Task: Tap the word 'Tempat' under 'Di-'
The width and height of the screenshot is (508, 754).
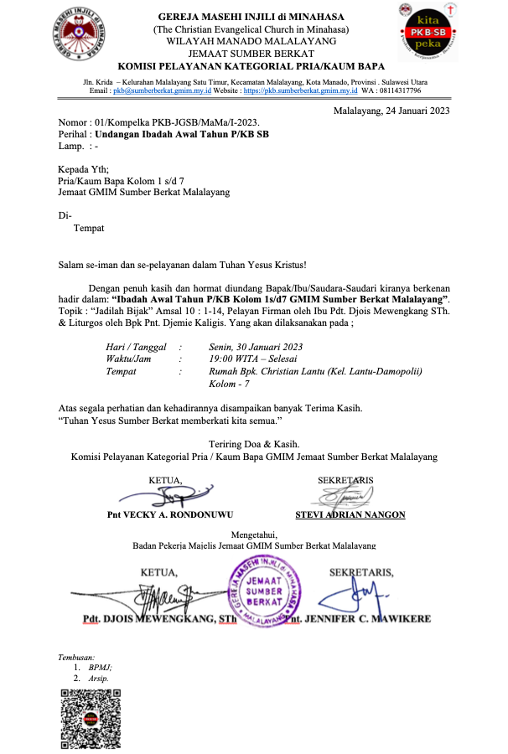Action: pos(89,227)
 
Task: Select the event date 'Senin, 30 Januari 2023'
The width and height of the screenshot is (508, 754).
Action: pos(256,347)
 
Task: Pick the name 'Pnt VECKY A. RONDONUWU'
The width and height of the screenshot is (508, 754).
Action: pos(170,514)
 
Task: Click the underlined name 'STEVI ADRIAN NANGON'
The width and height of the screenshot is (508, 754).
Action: pos(350,514)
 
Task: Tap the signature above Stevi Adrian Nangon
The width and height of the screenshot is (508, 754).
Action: pos(345,497)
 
